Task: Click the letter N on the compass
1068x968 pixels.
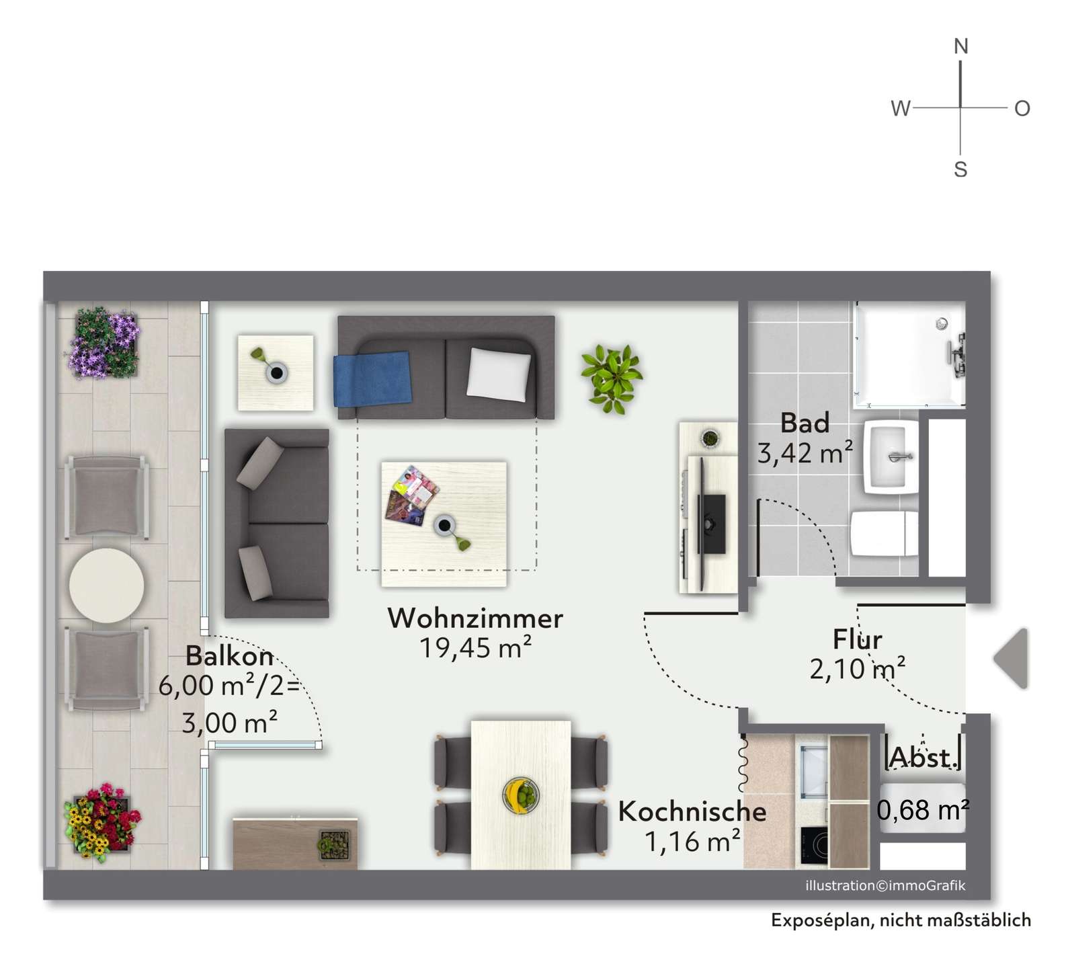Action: pos(961,46)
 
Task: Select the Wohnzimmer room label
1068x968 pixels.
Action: pos(475,618)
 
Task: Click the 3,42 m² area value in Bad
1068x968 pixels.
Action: pos(805,453)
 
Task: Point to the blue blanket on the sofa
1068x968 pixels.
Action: pos(372,379)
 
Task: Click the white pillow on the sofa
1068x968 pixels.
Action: pos(498,374)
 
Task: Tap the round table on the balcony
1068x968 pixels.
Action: pos(106,585)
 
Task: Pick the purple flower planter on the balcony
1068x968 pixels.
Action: pos(104,342)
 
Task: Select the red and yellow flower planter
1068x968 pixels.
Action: pos(102,823)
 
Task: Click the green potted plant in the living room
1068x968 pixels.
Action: pos(612,378)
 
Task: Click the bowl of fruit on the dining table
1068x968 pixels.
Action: pos(521,795)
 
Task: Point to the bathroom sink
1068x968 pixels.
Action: pos(891,457)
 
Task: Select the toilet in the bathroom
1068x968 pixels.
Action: pos(884,534)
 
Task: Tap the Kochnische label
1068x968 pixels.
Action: pos(692,811)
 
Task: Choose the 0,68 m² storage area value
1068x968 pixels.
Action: pos(922,810)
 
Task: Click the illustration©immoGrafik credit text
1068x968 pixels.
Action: pos(885,885)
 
